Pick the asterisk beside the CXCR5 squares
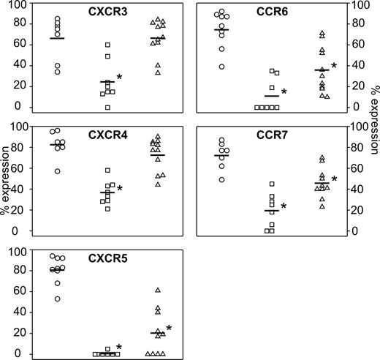pyautogui.click(x=119, y=348)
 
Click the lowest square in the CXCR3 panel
pyautogui.click(x=107, y=108)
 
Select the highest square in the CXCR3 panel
pyautogui.click(x=107, y=45)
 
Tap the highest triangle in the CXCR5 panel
pyautogui.click(x=157, y=290)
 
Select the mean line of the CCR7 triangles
pyautogui.click(x=322, y=183)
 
